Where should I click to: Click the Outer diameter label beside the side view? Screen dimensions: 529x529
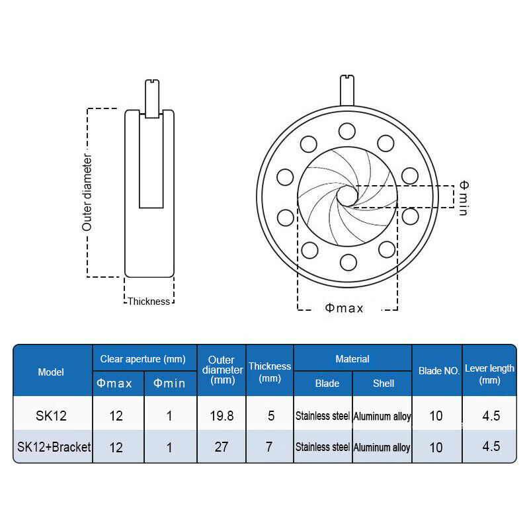pos(87,192)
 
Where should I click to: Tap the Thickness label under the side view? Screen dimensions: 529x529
pos(149,302)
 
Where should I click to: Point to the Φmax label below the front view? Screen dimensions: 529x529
pos(344,307)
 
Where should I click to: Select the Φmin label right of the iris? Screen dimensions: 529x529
pos(464,198)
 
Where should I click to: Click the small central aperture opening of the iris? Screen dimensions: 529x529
pos(347,196)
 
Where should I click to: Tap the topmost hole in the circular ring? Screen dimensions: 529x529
pos(346,131)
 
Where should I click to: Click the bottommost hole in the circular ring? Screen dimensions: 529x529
pos(348,262)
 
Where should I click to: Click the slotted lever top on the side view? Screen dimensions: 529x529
pos(152,82)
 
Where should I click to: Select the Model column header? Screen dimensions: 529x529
pos(51,372)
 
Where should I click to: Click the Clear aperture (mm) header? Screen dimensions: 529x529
pos(143,359)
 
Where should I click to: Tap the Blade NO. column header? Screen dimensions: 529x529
pos(439,371)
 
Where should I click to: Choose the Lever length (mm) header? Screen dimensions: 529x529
pos(489,374)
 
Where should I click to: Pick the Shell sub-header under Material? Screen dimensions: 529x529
pos(384,384)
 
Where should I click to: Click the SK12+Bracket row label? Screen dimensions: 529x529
pos(54,447)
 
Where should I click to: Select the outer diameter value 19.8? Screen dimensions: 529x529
pos(222,416)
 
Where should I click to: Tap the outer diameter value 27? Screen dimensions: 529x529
pos(222,447)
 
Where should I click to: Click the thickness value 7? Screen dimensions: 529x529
pos(269,447)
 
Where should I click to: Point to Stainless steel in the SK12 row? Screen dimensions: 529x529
pos(323,416)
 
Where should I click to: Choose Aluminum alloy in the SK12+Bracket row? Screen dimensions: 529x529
pos(382,448)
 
